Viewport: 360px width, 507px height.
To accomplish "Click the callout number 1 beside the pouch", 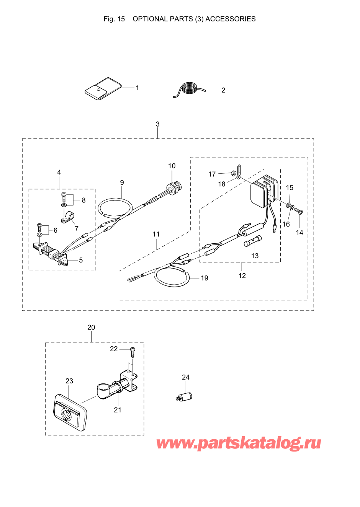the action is point(137,88).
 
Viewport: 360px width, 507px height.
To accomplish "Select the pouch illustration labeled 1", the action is point(103,89).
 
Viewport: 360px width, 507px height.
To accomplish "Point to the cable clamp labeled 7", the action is point(68,216).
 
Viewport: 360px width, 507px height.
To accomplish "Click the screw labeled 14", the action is point(298,211).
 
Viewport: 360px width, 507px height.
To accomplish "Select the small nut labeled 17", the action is point(232,174).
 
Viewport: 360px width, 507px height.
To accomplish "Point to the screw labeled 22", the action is point(133,352).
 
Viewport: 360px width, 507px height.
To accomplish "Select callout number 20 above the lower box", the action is point(91,327).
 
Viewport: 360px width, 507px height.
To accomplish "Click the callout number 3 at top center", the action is point(158,124).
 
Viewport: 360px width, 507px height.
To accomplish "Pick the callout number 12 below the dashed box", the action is point(242,276).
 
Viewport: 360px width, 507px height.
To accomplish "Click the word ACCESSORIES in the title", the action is point(231,19).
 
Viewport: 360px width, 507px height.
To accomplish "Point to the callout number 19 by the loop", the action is point(205,278).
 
